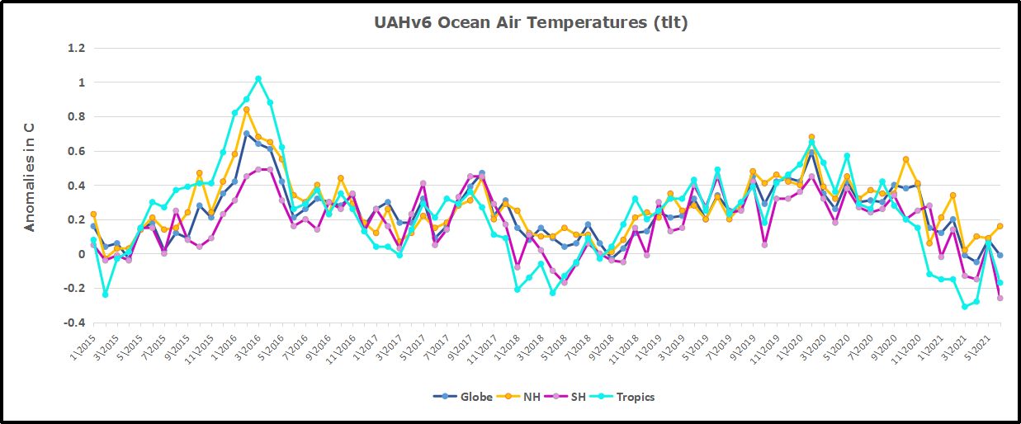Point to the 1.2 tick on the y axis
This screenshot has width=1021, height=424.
(77, 48)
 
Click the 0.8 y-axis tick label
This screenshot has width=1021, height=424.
(77, 116)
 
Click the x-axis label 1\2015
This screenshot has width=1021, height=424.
(83, 346)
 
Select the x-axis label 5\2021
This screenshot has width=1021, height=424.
(979, 346)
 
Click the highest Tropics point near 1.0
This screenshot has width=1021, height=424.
(258, 79)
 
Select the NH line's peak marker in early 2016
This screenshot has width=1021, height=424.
(247, 110)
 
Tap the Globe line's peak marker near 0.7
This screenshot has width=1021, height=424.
(247, 134)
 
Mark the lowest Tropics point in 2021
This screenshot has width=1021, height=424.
(964, 307)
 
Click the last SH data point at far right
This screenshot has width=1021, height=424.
(1000, 298)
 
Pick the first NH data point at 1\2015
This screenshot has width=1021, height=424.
(93, 214)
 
